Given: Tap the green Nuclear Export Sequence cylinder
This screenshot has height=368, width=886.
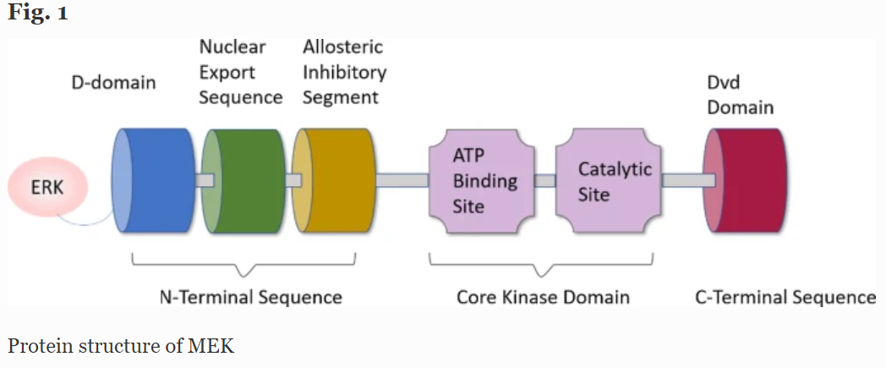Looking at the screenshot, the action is point(243,180).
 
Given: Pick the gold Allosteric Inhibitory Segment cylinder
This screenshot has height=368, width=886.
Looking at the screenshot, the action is point(333,180).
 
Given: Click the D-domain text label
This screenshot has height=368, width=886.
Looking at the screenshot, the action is point(113,83).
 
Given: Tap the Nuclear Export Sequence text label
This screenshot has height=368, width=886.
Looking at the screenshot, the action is point(241,73).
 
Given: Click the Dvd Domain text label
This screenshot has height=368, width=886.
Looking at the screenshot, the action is point(741,95).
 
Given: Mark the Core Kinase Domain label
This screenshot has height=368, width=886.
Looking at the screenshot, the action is point(543,297).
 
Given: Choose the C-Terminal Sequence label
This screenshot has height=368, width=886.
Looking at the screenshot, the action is point(785,297).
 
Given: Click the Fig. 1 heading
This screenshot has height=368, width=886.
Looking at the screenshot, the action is point(38,13).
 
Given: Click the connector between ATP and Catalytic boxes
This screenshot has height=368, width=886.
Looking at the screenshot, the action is point(545,180).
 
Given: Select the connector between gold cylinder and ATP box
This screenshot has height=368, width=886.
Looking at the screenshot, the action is point(402,180).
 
